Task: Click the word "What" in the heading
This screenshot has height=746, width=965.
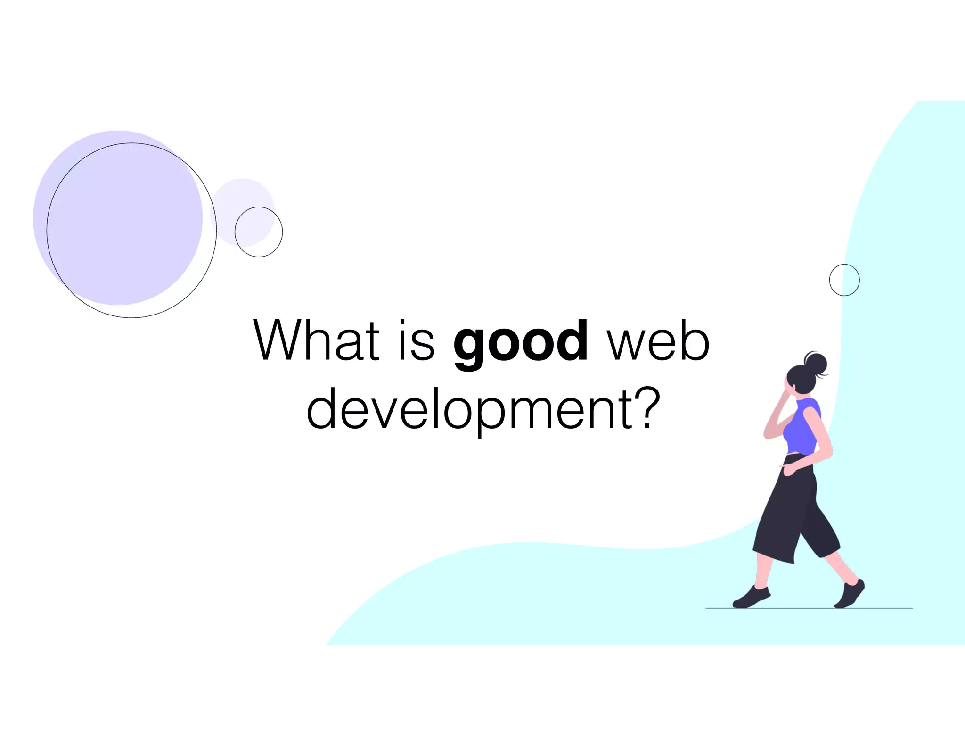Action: coord(316,340)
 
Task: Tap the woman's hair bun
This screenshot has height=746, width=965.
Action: coord(817,364)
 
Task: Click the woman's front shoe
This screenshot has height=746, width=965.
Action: coord(751,597)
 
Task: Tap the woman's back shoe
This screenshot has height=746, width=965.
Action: coord(850,594)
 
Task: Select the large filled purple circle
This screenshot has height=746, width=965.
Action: coord(117,217)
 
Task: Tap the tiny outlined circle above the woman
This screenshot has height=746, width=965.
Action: coord(844,280)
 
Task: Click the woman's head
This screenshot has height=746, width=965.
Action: coord(799,379)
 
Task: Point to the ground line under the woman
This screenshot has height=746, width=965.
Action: coord(809,609)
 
